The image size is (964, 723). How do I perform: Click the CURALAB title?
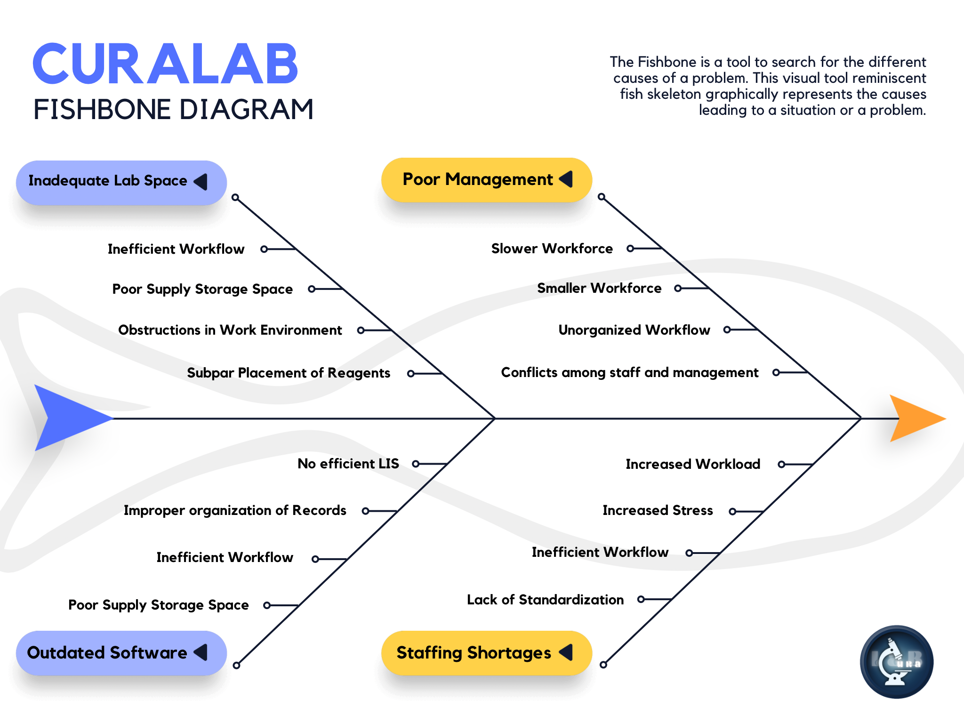(165, 64)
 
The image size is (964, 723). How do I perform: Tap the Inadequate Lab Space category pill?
(121, 182)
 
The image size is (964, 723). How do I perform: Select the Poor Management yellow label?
(486, 180)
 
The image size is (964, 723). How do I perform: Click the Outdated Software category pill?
(121, 653)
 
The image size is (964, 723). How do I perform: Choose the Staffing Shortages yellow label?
(486, 653)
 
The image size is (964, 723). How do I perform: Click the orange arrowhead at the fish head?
(916, 418)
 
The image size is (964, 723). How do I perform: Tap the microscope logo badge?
(896, 661)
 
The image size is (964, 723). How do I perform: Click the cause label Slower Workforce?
(552, 249)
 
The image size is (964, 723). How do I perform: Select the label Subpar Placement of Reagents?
(289, 373)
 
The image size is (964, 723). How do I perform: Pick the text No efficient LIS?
(348, 464)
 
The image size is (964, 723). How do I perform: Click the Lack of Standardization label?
(545, 600)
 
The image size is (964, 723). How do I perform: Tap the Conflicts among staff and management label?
(629, 372)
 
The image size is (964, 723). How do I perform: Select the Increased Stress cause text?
(658, 510)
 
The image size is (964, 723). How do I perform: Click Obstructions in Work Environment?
(230, 330)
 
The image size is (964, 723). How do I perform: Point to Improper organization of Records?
(235, 510)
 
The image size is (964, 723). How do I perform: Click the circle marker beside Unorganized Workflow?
(727, 330)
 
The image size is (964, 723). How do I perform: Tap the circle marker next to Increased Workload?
(781, 465)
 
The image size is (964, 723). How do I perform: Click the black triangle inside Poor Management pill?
(567, 179)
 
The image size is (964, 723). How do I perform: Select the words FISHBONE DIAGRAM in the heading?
(173, 110)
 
